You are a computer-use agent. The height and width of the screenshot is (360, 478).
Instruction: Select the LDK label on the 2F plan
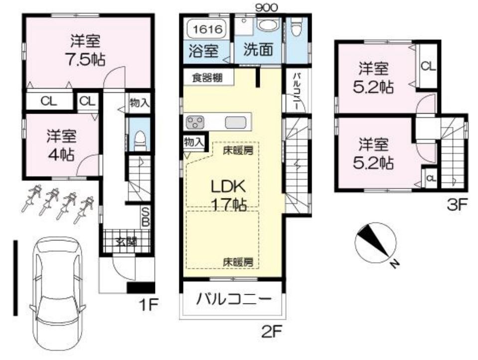point(229,187)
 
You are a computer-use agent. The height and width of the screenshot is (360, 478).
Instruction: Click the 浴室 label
point(203,51)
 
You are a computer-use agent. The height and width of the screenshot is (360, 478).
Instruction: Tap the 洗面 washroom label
point(258,49)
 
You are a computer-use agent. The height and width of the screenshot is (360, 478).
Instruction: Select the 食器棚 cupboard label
point(207,78)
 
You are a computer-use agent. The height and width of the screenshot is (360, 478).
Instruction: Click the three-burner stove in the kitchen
point(195,122)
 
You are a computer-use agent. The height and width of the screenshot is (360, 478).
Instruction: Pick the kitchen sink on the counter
point(235,123)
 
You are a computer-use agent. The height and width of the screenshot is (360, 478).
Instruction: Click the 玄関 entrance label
point(126,242)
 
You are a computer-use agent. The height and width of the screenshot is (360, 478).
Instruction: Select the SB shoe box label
point(146,217)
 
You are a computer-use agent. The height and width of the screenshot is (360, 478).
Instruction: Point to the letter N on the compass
point(394,263)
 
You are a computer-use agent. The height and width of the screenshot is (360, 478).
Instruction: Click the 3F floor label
point(457,205)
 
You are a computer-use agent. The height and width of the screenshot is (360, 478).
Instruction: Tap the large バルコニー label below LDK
point(233,299)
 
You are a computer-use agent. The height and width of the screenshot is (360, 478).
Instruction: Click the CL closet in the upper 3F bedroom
point(428,66)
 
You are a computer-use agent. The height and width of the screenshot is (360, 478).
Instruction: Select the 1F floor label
point(148,305)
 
